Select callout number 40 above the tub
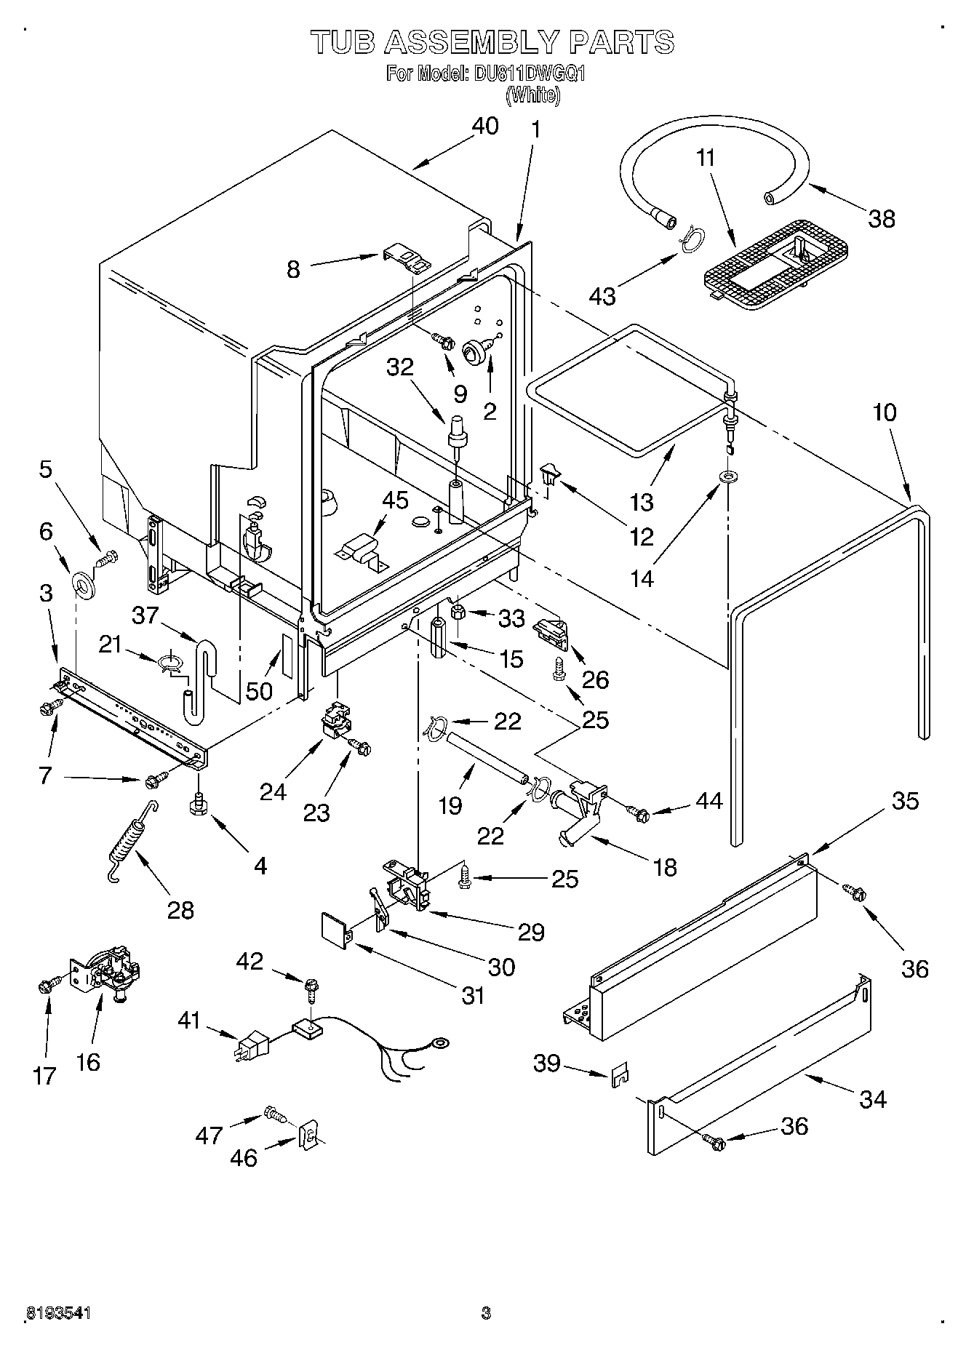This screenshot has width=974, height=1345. [485, 126]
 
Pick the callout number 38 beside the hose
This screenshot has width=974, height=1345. [882, 218]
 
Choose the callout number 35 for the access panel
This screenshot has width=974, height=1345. [906, 801]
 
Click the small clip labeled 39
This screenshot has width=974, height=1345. [620, 1074]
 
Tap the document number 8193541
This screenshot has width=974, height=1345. [58, 1313]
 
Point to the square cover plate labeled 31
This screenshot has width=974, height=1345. [335, 933]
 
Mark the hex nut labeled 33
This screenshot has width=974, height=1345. [458, 613]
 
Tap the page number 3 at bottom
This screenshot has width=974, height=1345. [486, 1313]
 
